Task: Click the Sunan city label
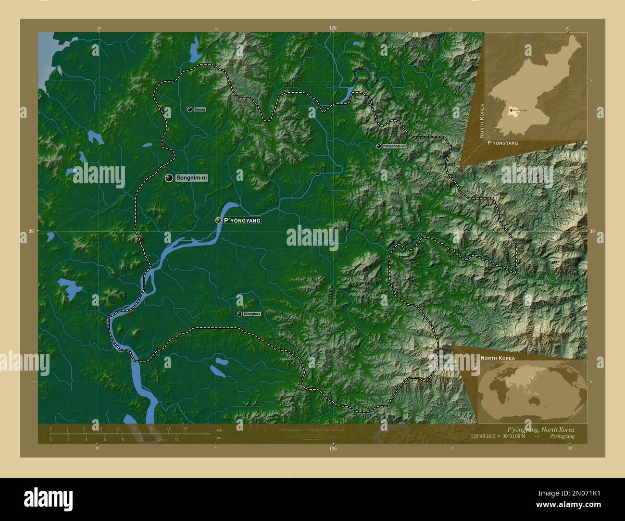click(200, 110)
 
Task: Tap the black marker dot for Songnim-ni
click(169, 178)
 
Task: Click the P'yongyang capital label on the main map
click(242, 220)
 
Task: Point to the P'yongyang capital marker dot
click(218, 220)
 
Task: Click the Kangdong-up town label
click(394, 146)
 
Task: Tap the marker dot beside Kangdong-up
click(379, 146)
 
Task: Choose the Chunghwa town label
click(252, 314)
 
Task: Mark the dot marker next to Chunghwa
click(239, 314)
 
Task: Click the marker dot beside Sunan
click(190, 110)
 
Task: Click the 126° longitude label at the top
click(333, 28)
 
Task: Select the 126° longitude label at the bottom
click(333, 449)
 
